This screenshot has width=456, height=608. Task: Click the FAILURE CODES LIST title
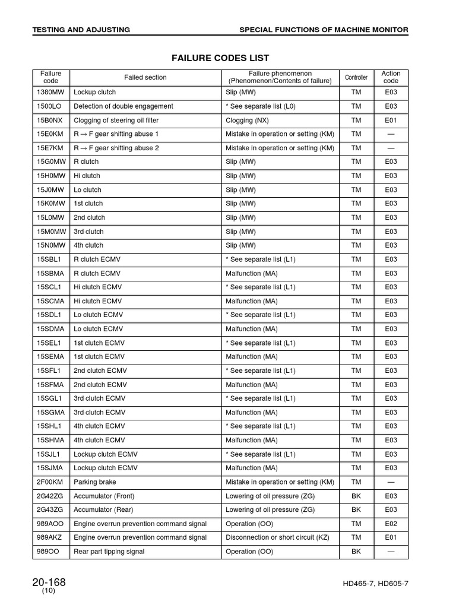click(x=220, y=58)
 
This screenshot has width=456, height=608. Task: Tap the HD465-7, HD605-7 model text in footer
click(x=375, y=584)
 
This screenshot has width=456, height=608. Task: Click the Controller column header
click(x=356, y=77)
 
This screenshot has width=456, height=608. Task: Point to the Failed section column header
click(x=145, y=77)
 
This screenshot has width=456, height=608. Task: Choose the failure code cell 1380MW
click(x=50, y=92)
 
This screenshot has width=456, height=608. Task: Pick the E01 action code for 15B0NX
click(x=391, y=120)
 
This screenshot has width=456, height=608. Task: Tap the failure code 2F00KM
click(x=50, y=482)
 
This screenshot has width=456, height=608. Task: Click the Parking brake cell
click(x=95, y=482)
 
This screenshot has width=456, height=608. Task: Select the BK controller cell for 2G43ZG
click(x=356, y=509)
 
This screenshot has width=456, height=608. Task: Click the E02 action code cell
click(x=391, y=524)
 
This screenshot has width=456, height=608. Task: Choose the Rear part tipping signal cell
click(x=109, y=552)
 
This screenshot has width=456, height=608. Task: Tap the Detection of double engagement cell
click(x=123, y=106)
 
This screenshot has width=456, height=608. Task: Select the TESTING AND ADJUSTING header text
click(x=81, y=30)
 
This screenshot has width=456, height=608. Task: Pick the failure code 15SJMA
click(x=50, y=468)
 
